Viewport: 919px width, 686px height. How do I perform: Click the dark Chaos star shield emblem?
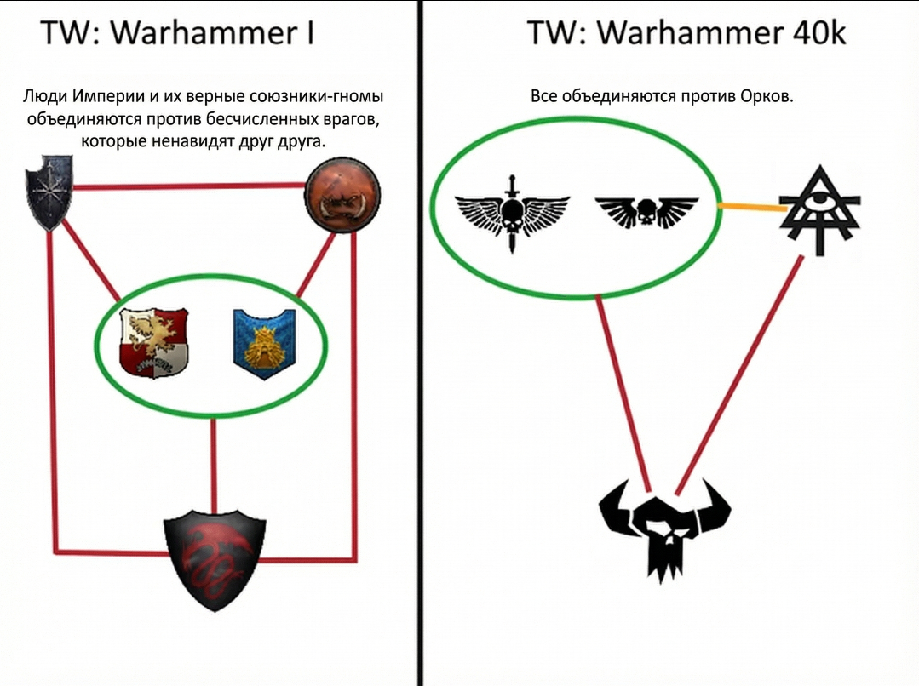[x=49, y=192]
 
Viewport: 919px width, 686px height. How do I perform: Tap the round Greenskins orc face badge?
[x=342, y=195]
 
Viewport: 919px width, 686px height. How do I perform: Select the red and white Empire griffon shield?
[x=154, y=343]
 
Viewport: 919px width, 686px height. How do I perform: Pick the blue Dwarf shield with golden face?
[x=264, y=344]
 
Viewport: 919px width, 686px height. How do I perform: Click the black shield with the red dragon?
[x=215, y=560]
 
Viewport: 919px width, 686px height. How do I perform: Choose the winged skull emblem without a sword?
[x=646, y=212]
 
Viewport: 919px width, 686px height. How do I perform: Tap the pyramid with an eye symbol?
[x=820, y=210]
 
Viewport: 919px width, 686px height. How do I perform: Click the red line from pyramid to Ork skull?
[x=738, y=375]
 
